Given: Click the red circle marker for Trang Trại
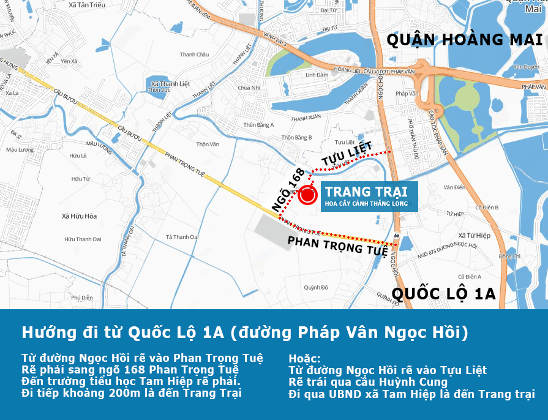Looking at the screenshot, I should [307, 195].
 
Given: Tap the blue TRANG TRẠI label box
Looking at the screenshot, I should [366, 197].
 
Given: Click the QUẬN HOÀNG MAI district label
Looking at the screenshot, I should [465, 40].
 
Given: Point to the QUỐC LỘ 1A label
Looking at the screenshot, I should [444, 293].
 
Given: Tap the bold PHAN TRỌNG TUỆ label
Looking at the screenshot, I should [337, 246].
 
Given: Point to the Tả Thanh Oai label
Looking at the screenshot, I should [182, 237].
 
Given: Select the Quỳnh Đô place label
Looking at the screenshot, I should [316, 287].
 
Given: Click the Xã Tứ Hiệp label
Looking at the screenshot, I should [475, 235].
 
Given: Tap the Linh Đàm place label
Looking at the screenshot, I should [317, 75].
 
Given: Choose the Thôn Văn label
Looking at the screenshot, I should [207, 144].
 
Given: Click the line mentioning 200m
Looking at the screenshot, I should [132, 393].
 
